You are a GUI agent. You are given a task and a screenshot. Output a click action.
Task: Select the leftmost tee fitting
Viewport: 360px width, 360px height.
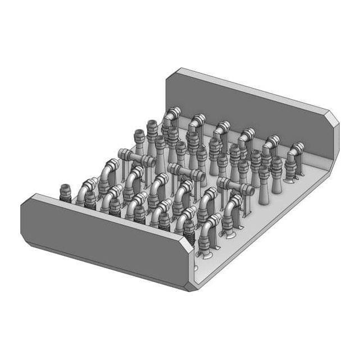(x=136, y=159)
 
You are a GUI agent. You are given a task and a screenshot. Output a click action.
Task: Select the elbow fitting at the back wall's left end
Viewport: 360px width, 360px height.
(x=171, y=116)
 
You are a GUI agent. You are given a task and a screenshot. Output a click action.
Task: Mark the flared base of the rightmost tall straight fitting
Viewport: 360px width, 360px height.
(x=264, y=199)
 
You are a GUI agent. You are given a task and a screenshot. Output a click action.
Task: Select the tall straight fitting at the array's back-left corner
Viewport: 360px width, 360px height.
(x=139, y=140)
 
